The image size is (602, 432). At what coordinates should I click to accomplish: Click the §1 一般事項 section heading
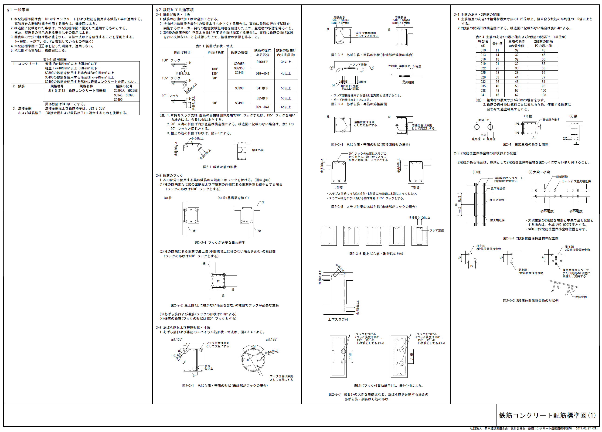pyautogui.click(x=18, y=10)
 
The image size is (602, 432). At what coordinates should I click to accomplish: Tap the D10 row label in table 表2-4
pyautogui.click(x=483, y=50)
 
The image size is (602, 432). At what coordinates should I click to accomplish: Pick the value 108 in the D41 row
pyautogui.click(x=543, y=95)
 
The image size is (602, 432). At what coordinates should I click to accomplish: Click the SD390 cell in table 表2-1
pyautogui.click(x=239, y=88)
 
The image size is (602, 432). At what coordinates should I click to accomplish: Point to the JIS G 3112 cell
pyautogui.click(x=57, y=91)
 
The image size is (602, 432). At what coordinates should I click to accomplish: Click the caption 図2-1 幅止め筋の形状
pyautogui.click(x=220, y=167)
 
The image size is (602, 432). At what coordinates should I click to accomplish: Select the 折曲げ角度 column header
pyautogui.click(x=215, y=53)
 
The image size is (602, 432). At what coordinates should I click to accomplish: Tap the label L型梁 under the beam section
pyautogui.click(x=338, y=188)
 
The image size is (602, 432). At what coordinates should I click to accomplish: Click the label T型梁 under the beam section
pyautogui.click(x=415, y=188)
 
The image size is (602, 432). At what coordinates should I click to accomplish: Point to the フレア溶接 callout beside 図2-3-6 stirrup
pyautogui.click(x=437, y=230)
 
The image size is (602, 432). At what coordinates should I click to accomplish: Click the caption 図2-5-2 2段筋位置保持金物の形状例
pyautogui.click(x=531, y=301)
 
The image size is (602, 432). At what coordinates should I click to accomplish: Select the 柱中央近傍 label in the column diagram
pyautogui.click(x=497, y=200)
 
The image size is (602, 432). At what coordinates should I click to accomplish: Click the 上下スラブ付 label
pyautogui.click(x=338, y=320)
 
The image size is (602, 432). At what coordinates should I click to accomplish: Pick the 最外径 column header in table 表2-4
pyautogui.click(x=497, y=44)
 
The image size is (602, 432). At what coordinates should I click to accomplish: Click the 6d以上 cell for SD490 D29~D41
pyautogui.click(x=286, y=107)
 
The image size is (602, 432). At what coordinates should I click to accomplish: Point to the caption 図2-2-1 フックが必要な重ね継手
pyautogui.click(x=220, y=242)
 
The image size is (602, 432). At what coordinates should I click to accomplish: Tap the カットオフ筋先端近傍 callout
pyautogui.click(x=576, y=181)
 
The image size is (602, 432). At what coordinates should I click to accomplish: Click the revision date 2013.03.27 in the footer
pyautogui.click(x=583, y=428)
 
